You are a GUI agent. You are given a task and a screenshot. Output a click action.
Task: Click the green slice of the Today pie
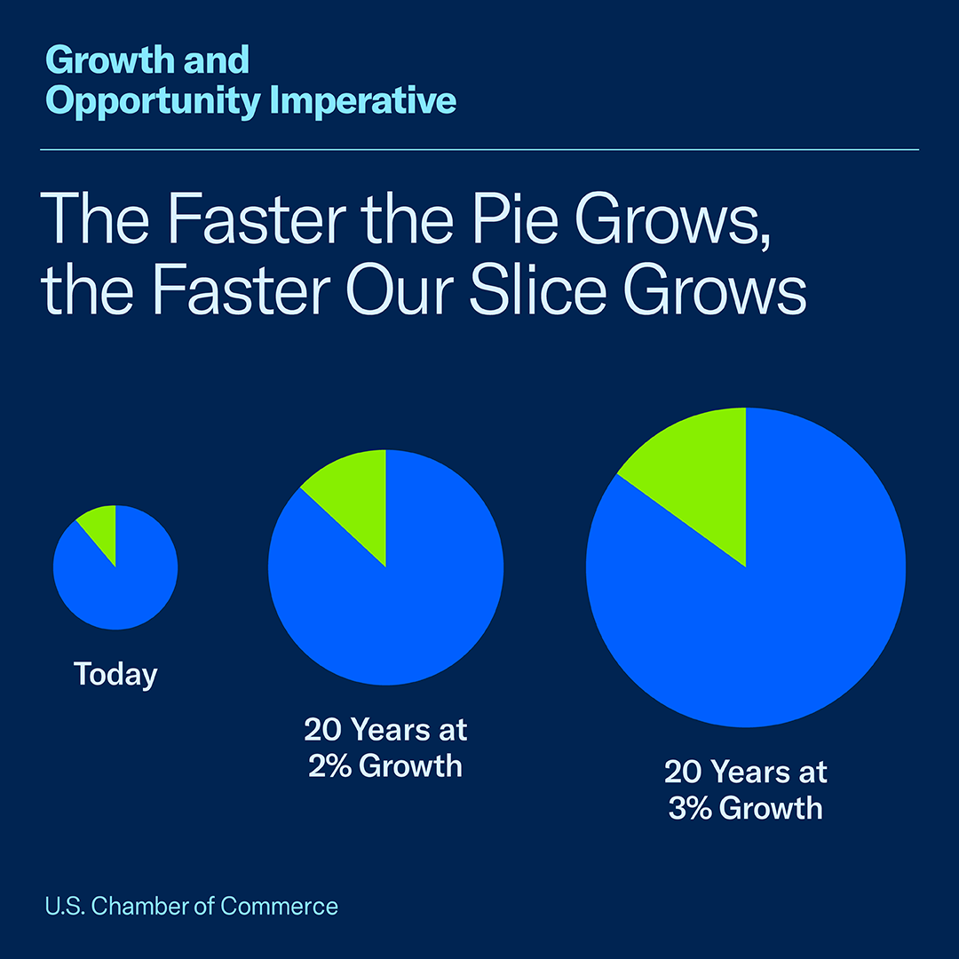(102, 526)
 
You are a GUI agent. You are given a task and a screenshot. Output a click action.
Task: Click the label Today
(115, 675)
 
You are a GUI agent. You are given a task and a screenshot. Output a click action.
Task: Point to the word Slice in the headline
(541, 292)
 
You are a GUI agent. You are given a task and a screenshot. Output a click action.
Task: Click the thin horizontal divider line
(479, 150)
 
